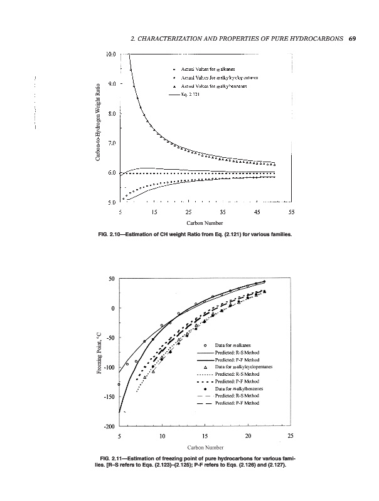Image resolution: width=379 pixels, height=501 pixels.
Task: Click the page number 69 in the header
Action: [352, 39]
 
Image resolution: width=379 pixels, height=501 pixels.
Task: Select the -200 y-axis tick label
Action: [109, 426]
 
